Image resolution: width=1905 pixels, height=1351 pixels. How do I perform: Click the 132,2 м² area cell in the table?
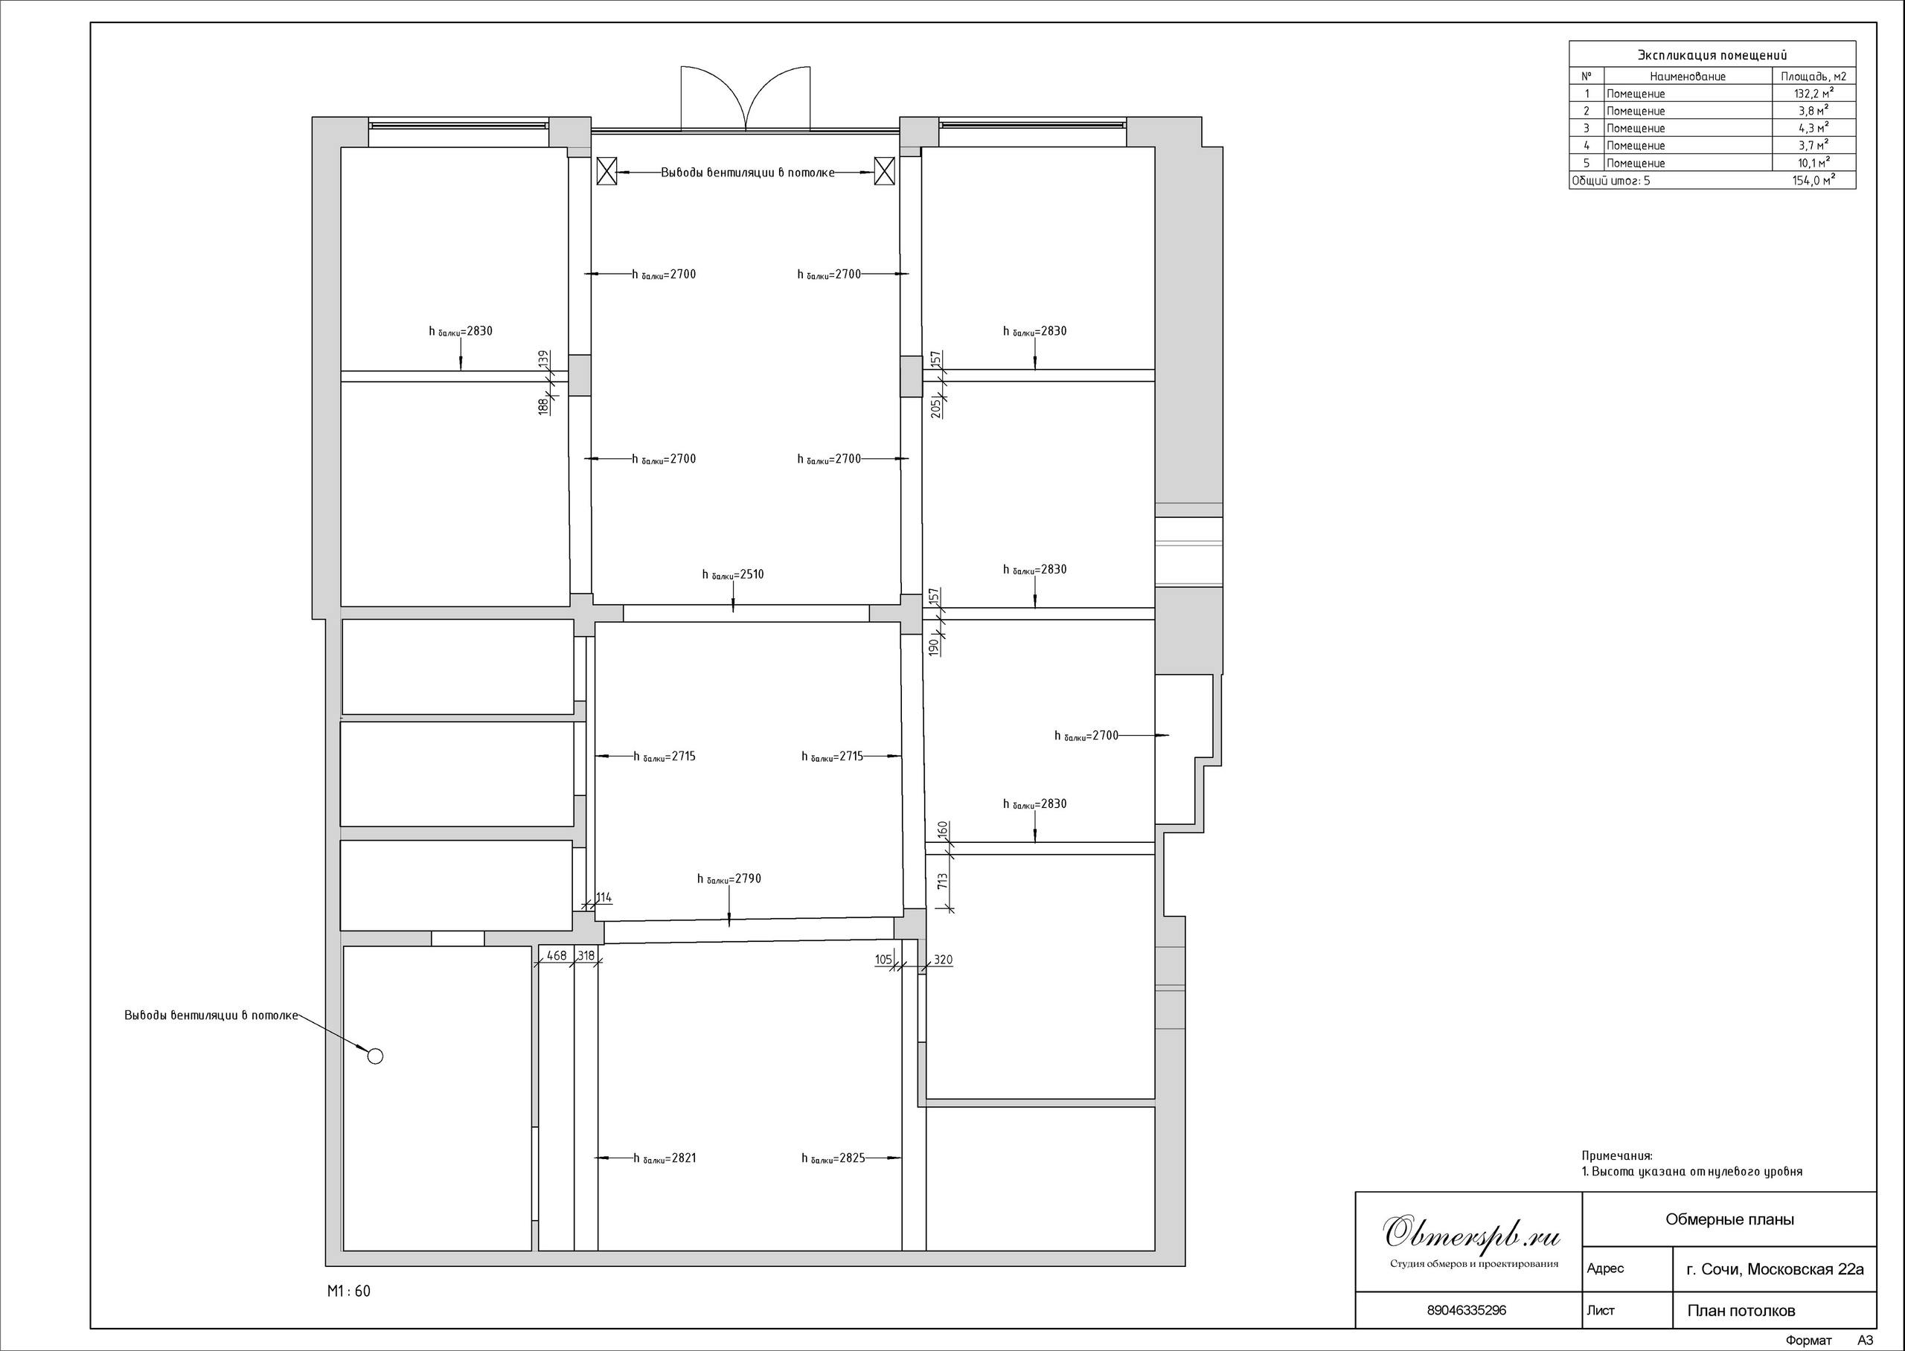tap(1813, 93)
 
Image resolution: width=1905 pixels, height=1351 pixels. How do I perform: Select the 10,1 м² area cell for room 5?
tap(1813, 162)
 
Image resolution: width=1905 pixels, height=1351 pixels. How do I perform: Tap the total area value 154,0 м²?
tap(1813, 180)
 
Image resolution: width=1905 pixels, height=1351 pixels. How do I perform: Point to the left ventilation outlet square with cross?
tap(607, 171)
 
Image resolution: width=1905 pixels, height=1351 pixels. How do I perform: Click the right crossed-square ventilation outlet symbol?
tap(884, 171)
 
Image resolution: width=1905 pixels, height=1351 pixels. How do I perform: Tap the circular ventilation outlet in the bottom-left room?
tap(375, 1056)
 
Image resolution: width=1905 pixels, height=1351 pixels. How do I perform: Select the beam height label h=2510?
tap(733, 575)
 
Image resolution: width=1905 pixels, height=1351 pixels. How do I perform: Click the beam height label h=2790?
tap(729, 879)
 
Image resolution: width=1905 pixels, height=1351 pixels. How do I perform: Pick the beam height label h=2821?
tap(665, 1158)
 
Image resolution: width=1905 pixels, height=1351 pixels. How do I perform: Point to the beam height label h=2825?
tap(833, 1158)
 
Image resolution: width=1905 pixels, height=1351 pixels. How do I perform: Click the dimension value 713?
tap(943, 882)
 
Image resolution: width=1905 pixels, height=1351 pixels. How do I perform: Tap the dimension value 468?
tap(557, 956)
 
